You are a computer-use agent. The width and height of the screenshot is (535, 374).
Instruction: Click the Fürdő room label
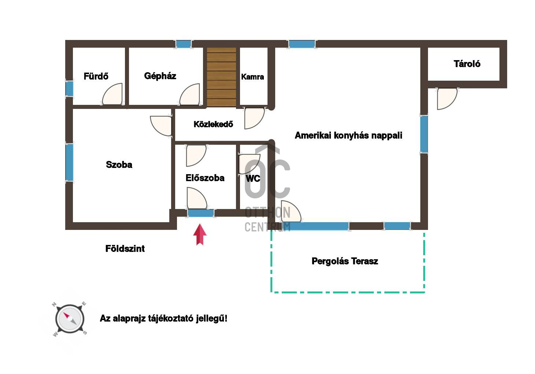pos(96,77)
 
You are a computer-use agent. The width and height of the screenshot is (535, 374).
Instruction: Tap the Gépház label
pos(160,76)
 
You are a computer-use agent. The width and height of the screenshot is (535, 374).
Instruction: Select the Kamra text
pos(252,77)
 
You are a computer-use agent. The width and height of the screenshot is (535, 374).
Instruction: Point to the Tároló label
pos(467,64)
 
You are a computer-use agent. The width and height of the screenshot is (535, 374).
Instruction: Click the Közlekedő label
pos(213,124)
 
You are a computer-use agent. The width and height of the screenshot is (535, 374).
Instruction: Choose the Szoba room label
pos(119,165)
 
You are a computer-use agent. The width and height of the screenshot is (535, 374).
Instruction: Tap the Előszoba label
pos(205,178)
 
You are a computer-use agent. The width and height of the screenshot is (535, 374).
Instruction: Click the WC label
pos(253,179)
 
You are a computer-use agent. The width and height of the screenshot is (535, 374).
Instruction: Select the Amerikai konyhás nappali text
pos(348,135)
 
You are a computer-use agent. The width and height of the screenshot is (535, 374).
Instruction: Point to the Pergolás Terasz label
pos(345,261)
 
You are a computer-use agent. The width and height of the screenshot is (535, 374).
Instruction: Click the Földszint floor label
pos(125,249)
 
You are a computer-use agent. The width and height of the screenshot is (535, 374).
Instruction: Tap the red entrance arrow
pos(200,234)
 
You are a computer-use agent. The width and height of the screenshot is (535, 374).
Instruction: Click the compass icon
pos(70,319)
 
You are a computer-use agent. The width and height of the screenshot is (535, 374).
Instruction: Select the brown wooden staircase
pos(221,77)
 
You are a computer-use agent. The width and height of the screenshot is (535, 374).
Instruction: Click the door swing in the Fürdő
pos(112,94)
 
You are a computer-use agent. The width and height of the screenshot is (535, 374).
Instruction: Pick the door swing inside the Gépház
pos(189,94)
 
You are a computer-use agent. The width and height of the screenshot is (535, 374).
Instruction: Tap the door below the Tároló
pos(447,99)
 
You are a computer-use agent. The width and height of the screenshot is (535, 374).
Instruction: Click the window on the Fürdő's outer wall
pos(70,89)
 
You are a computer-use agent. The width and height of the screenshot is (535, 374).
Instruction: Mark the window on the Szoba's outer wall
pos(70,162)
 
